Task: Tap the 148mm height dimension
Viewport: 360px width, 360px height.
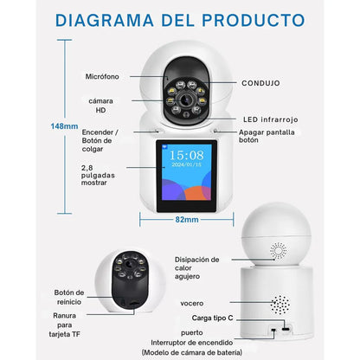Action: [63, 126]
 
